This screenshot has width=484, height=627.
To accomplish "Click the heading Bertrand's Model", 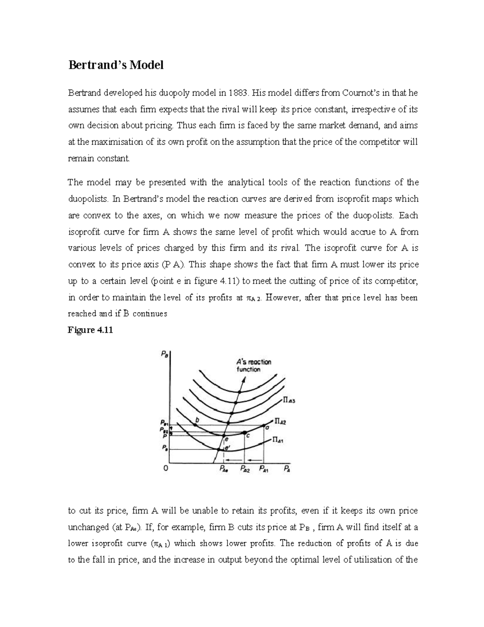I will pyautogui.click(x=115, y=65).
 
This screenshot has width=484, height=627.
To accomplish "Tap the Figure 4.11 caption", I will pyautogui.click(x=90, y=330).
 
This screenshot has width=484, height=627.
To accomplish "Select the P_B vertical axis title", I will pyautogui.click(x=165, y=354).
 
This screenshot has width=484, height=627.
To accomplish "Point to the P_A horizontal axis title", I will pyautogui.click(x=287, y=469).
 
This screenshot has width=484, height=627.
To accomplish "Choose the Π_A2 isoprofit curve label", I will pyautogui.click(x=280, y=421).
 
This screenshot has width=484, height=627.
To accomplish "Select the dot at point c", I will pyautogui.click(x=244, y=432).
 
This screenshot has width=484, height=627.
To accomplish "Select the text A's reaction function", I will pyautogui.click(x=253, y=365).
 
